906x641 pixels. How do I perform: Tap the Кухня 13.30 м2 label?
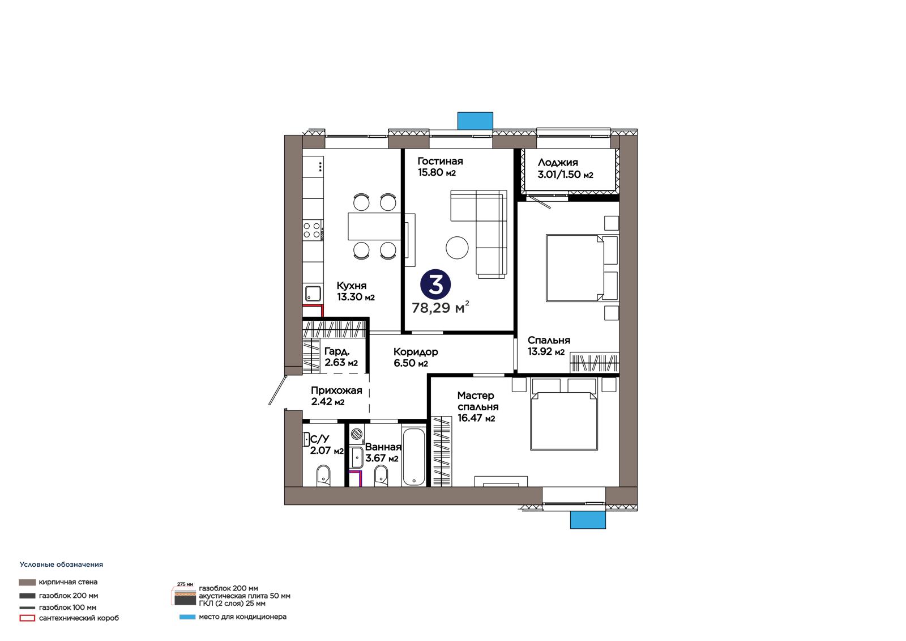click(x=356, y=291)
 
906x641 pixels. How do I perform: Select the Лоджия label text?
click(x=558, y=163)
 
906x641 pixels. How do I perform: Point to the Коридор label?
click(x=416, y=351)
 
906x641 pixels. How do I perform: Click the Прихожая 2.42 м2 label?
click(x=336, y=396)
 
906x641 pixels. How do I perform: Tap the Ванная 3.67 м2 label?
click(x=383, y=452)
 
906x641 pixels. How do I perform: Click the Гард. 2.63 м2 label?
click(x=341, y=356)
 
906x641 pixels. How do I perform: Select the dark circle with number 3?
click(x=435, y=285)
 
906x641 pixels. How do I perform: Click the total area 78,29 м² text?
click(x=441, y=308)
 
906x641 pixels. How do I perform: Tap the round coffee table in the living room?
click(x=457, y=248)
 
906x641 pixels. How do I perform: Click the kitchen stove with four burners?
click(x=313, y=231)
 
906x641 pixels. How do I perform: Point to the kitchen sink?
click(x=313, y=294)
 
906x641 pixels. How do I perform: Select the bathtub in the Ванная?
click(x=414, y=455)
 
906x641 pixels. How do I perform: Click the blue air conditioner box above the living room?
click(x=475, y=121)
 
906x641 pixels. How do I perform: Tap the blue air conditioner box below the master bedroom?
click(x=588, y=520)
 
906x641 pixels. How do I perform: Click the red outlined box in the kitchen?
click(x=314, y=310)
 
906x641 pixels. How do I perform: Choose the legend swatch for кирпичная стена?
click(x=27, y=582)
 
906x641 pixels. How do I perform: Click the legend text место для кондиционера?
click(x=243, y=617)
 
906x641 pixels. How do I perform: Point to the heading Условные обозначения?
click(x=62, y=564)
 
